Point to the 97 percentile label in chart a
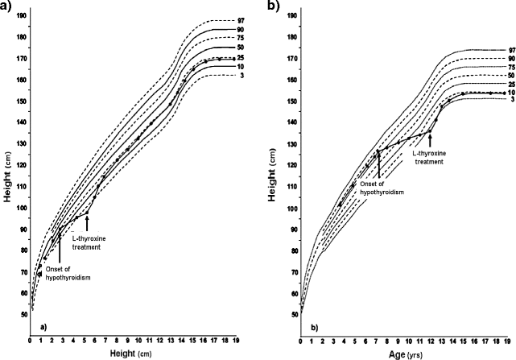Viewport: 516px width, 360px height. (x=241, y=20)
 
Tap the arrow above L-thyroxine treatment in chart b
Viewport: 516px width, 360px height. (x=431, y=139)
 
